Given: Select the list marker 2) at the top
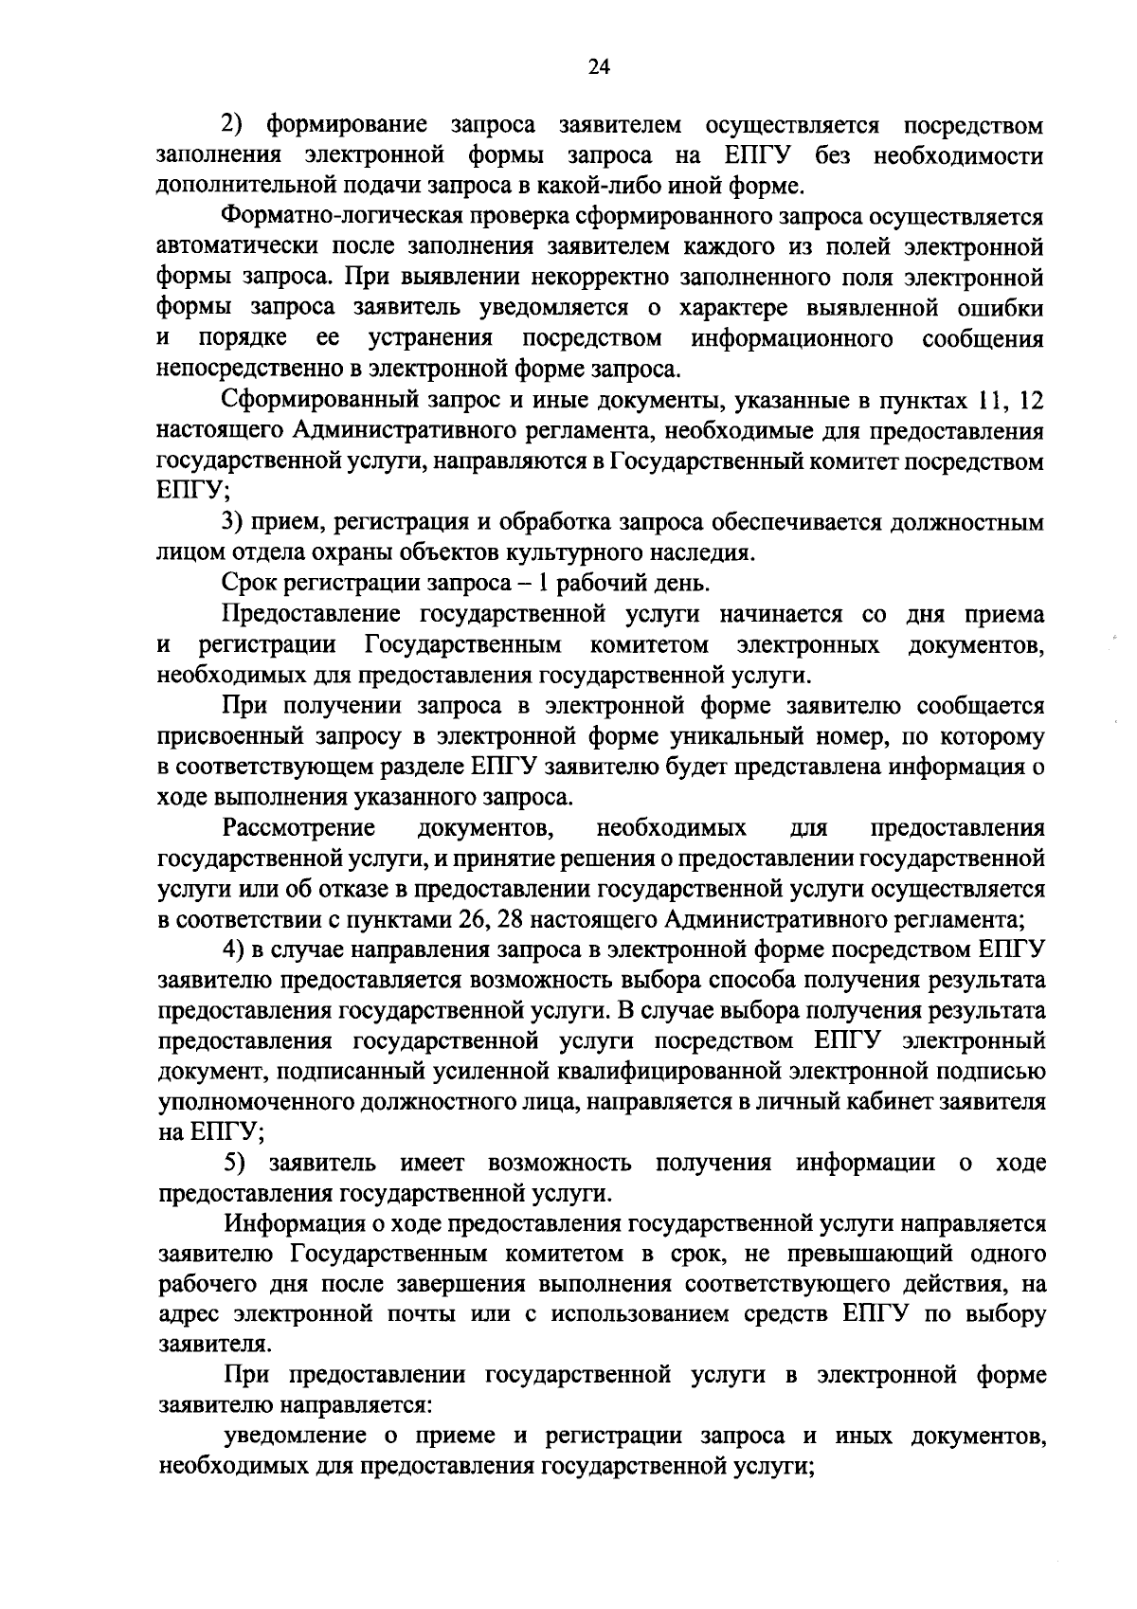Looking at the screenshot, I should tap(233, 125).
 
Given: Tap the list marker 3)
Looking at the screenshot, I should tap(233, 523).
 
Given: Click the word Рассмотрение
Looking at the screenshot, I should tap(299, 828).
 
